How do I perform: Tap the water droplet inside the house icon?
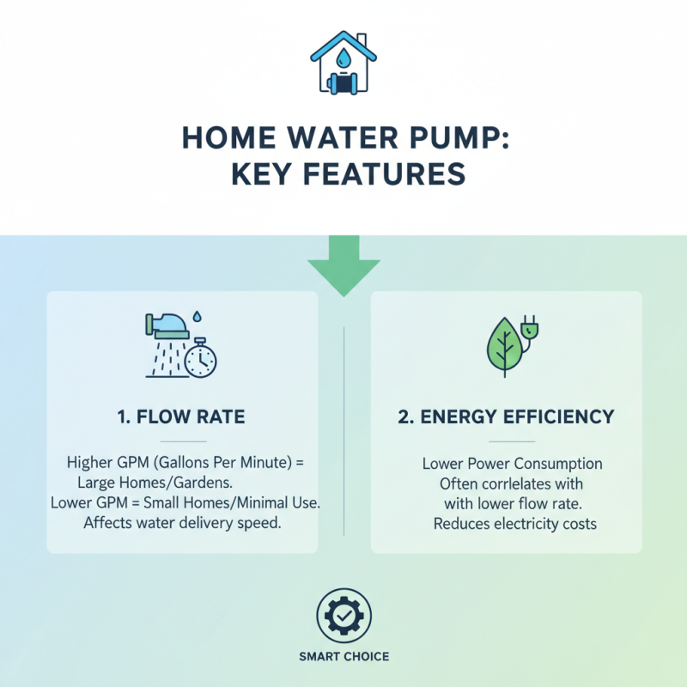[343, 58]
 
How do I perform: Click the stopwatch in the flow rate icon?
[201, 361]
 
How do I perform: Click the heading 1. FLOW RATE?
[181, 417]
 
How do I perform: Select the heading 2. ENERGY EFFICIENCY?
[506, 417]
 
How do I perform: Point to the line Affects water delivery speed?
[182, 523]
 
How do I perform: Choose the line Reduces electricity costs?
[514, 523]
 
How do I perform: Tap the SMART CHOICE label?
[343, 657]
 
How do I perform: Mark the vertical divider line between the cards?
[343, 429]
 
